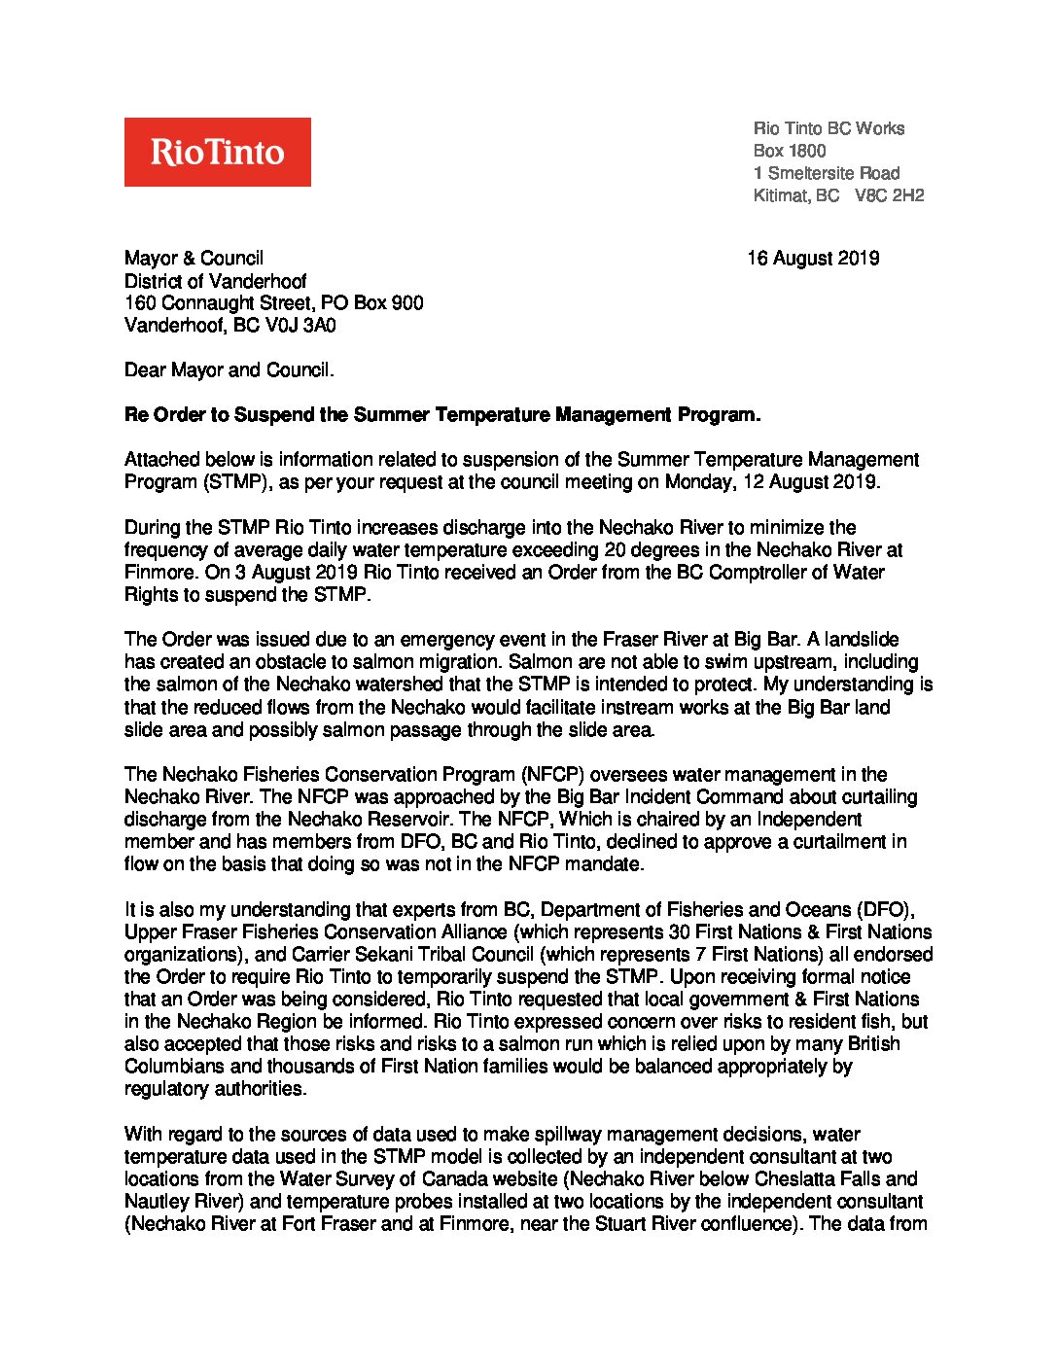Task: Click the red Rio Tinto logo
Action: coord(217,152)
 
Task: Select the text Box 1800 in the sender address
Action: coord(790,151)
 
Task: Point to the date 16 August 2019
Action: coord(813,259)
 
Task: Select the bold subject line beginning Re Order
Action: coord(442,415)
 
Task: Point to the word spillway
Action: coord(589,1135)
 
